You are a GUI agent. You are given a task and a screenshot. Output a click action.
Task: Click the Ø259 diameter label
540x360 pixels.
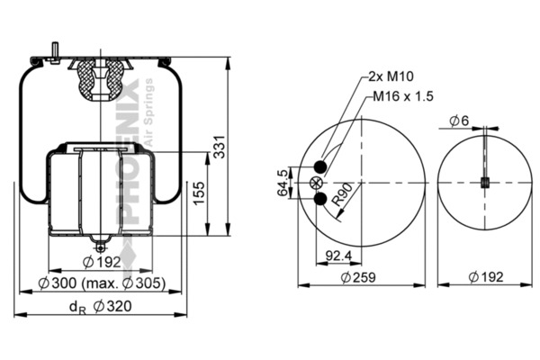pos(361,277)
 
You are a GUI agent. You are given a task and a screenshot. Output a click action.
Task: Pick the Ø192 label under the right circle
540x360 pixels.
pos(485,277)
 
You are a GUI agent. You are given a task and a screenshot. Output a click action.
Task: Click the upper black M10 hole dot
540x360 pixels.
pos(321,166)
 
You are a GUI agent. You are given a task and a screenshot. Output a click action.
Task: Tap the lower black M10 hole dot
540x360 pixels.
pos(321,197)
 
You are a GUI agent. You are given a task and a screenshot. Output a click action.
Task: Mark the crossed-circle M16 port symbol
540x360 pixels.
pos(316,182)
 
